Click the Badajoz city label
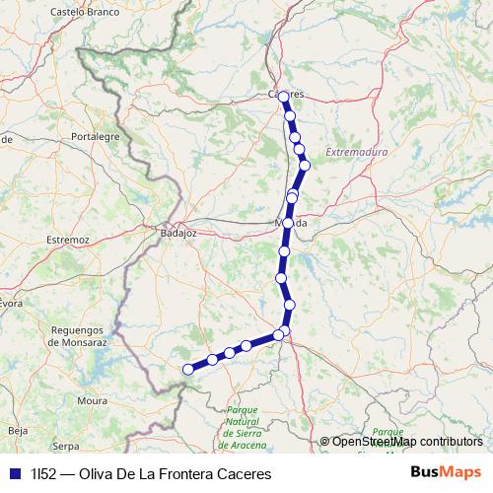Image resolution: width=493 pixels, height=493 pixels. (x=178, y=234)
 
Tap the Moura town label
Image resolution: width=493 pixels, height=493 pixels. (x=92, y=401)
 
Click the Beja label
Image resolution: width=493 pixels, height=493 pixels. (x=18, y=431)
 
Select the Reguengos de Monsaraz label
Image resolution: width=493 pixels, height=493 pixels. (x=76, y=336)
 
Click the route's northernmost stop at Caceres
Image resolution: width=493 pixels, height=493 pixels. (x=284, y=97)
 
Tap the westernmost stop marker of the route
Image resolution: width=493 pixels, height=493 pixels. (x=188, y=370)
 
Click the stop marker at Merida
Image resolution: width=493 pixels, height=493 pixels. (x=288, y=224)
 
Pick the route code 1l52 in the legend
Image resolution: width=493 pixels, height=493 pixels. (x=42, y=474)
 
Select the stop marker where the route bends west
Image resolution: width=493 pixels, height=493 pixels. (x=280, y=335)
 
